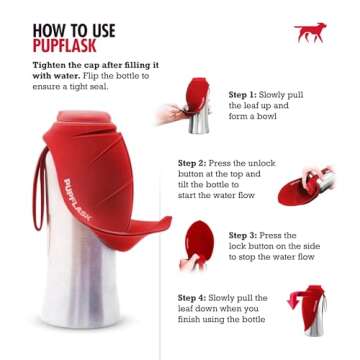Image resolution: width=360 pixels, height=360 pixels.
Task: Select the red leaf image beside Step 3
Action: click(195, 243)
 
